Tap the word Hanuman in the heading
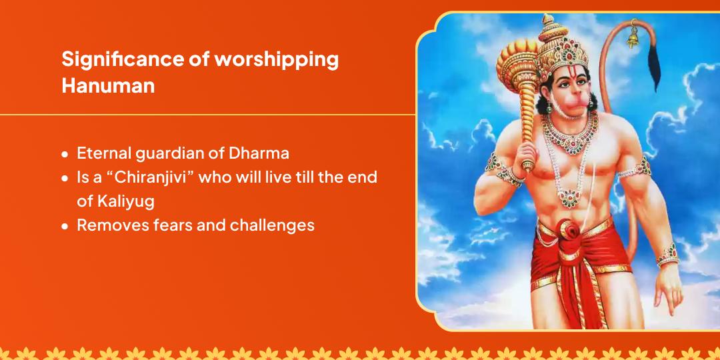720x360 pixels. pyautogui.click(x=108, y=86)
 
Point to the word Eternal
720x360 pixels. pyautogui.click(x=104, y=153)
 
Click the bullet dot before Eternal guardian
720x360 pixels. pyautogui.click(x=65, y=154)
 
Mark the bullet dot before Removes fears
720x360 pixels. pyautogui.click(x=65, y=227)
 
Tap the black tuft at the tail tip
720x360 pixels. pyautogui.click(x=653, y=67)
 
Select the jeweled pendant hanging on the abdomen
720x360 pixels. pyautogui.click(x=570, y=199)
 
